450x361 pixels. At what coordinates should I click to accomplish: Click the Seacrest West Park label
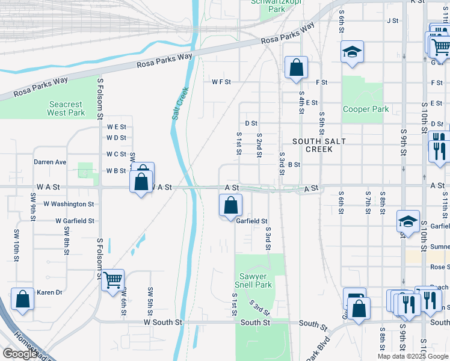(66, 108)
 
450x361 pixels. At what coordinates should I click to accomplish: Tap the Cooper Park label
(366, 110)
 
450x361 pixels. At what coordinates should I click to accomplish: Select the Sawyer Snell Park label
(252, 280)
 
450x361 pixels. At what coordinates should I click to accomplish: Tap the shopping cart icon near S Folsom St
(112, 280)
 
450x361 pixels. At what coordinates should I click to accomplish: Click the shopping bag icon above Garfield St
(230, 206)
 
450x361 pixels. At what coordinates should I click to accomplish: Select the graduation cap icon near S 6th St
(352, 52)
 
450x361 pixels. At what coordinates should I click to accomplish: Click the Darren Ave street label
(50, 162)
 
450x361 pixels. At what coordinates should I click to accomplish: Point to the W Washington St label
(69, 204)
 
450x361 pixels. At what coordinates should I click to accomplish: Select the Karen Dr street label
(49, 292)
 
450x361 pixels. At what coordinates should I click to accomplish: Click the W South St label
(162, 322)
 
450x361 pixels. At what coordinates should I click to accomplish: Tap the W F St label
(221, 82)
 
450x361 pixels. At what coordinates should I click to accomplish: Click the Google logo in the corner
(20, 354)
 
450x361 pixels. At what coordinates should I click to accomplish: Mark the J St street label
(393, 20)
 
